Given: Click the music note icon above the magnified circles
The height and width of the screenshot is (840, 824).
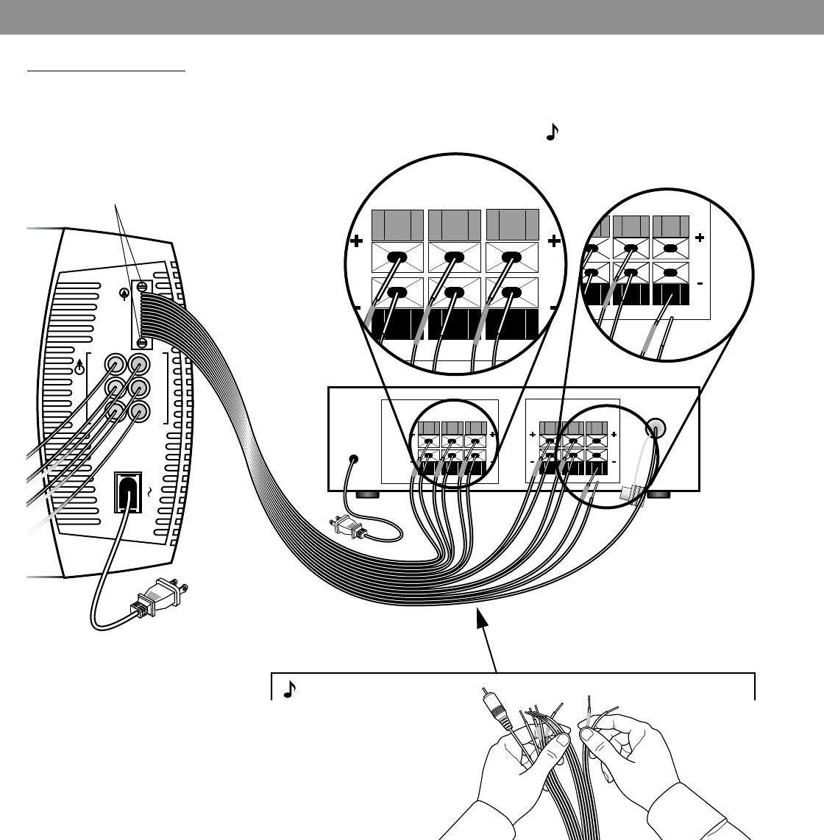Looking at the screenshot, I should (553, 132).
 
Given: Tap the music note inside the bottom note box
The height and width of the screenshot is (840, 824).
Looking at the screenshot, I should (290, 689).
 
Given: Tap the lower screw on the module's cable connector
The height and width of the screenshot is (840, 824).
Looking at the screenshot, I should (141, 341).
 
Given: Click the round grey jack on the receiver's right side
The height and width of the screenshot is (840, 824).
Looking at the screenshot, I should (656, 428).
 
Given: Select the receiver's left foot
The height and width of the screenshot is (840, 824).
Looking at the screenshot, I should (366, 495).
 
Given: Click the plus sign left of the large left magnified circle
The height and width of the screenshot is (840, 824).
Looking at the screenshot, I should (358, 241).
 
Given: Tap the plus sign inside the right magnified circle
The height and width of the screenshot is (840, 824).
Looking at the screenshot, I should (699, 238).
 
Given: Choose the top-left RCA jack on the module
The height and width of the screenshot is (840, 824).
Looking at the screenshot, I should (116, 363).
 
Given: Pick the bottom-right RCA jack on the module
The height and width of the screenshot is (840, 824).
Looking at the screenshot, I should (140, 412).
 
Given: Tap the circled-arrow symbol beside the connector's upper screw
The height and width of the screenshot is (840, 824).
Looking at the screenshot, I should (124, 293).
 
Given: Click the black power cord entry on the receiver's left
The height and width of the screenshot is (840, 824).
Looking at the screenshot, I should (355, 459).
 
